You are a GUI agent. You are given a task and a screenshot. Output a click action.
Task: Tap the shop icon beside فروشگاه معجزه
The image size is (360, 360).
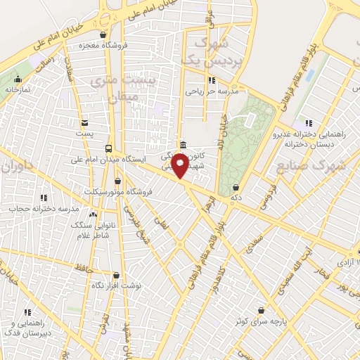click(x=103, y=34)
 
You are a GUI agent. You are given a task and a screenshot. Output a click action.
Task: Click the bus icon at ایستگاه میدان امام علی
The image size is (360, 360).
click(x=108, y=148)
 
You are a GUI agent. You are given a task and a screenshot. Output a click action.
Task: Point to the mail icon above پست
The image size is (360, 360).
click(x=84, y=122)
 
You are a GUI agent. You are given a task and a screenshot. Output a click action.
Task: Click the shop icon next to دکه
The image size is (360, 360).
click(x=235, y=188)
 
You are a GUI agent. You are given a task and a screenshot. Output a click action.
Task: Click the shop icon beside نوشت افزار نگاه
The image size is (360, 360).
click(x=116, y=276)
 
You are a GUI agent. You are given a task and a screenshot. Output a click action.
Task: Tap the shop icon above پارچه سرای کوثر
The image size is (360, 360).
click(x=262, y=310)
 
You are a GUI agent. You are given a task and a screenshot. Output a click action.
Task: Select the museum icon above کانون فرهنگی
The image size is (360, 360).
click(x=183, y=145)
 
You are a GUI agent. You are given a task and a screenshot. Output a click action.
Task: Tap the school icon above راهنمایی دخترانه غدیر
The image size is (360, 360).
click(x=307, y=123)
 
